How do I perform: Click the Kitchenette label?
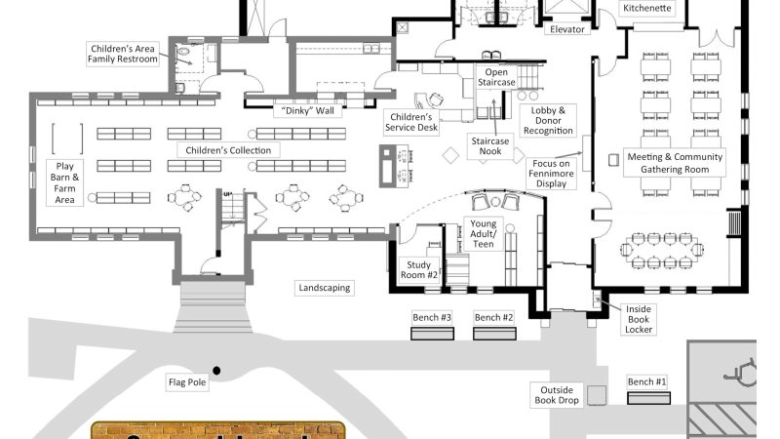[x=649, y=8]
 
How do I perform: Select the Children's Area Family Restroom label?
[x=124, y=54]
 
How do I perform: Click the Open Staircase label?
[x=496, y=77]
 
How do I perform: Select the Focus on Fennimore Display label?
[x=555, y=173]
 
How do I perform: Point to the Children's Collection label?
[x=228, y=150]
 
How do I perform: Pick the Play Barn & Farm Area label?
[x=65, y=182]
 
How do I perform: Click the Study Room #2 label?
[x=420, y=269]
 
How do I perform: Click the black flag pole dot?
[x=216, y=370]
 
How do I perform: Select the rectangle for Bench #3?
[x=432, y=334]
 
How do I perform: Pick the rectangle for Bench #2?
[x=493, y=334]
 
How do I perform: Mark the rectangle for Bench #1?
[x=647, y=397]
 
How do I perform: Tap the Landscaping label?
[x=326, y=288]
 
